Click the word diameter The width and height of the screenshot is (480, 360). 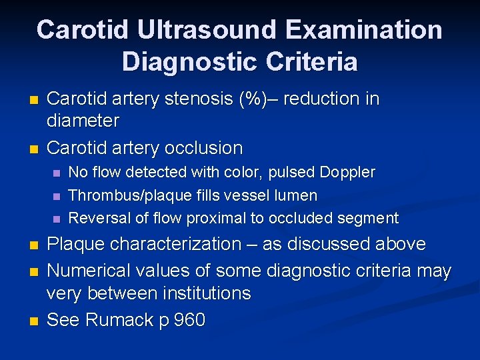(x=83, y=121)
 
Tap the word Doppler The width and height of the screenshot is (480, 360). (x=347, y=173)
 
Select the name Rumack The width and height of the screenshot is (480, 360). (x=119, y=320)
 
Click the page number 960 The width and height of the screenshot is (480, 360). (x=189, y=320)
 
